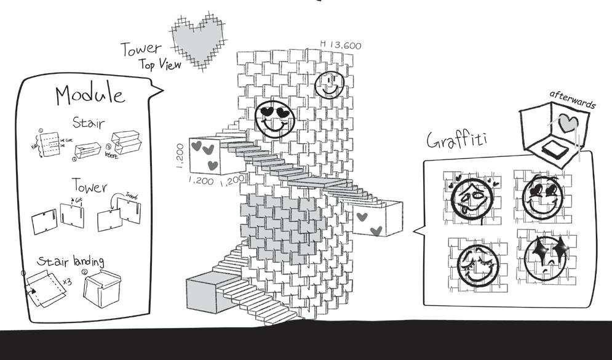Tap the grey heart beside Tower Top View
pyautogui.click(x=196, y=42)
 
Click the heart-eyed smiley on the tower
pyautogui.click(x=275, y=118)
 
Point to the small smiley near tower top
pyautogui.click(x=329, y=85)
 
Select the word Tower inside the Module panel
pyautogui.click(x=90, y=185)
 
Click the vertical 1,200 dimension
pyautogui.click(x=180, y=156)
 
